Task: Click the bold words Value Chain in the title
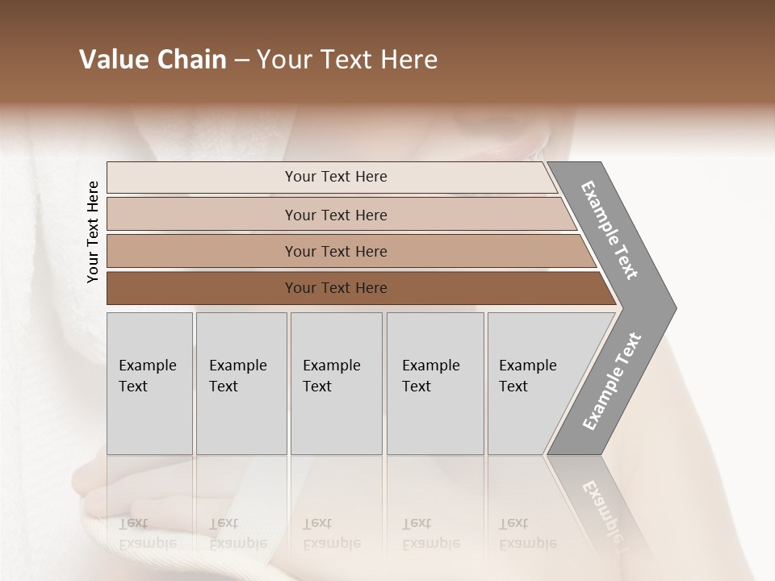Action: tap(153, 60)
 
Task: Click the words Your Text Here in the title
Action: tap(347, 60)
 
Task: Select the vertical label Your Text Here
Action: tap(93, 232)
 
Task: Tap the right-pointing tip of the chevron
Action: tap(666, 307)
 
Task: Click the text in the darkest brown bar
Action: tap(336, 288)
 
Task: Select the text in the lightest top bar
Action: tap(336, 177)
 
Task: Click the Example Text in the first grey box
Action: tap(147, 375)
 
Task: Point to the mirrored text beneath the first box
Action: tap(147, 533)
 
